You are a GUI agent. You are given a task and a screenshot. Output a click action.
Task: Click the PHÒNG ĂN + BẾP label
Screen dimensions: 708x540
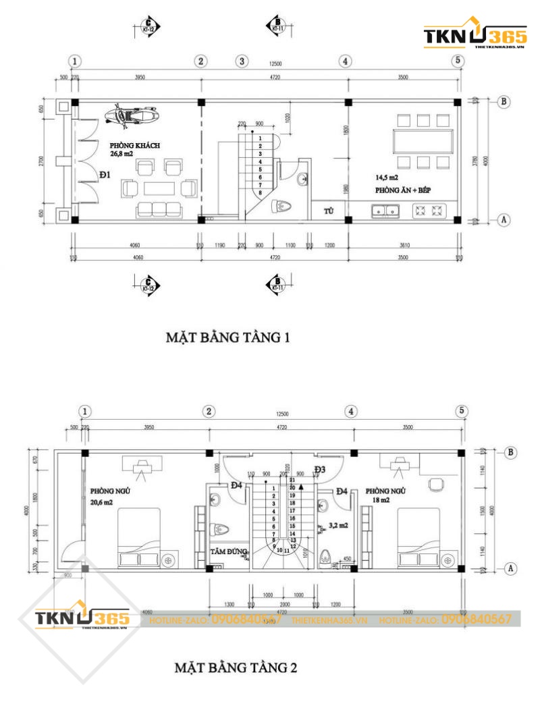pos(404,190)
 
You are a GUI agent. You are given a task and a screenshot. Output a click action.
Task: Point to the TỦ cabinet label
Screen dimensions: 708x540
pos(329,211)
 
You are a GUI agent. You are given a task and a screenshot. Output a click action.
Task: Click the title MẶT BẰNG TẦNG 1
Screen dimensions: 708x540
pos(227,337)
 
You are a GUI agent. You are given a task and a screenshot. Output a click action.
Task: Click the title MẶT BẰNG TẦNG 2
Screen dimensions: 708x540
pos(236,668)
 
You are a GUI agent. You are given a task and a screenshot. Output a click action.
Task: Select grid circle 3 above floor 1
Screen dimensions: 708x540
pos(242,61)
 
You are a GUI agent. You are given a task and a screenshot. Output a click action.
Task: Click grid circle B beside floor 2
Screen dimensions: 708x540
pos(511,452)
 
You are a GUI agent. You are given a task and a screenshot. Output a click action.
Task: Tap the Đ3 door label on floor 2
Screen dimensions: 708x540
pos(319,469)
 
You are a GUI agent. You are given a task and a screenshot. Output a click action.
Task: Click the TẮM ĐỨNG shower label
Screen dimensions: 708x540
pos(227,551)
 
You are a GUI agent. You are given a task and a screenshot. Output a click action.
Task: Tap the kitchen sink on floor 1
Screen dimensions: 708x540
pos(385,213)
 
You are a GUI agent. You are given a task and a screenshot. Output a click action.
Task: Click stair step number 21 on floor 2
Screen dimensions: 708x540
pos(292,480)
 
